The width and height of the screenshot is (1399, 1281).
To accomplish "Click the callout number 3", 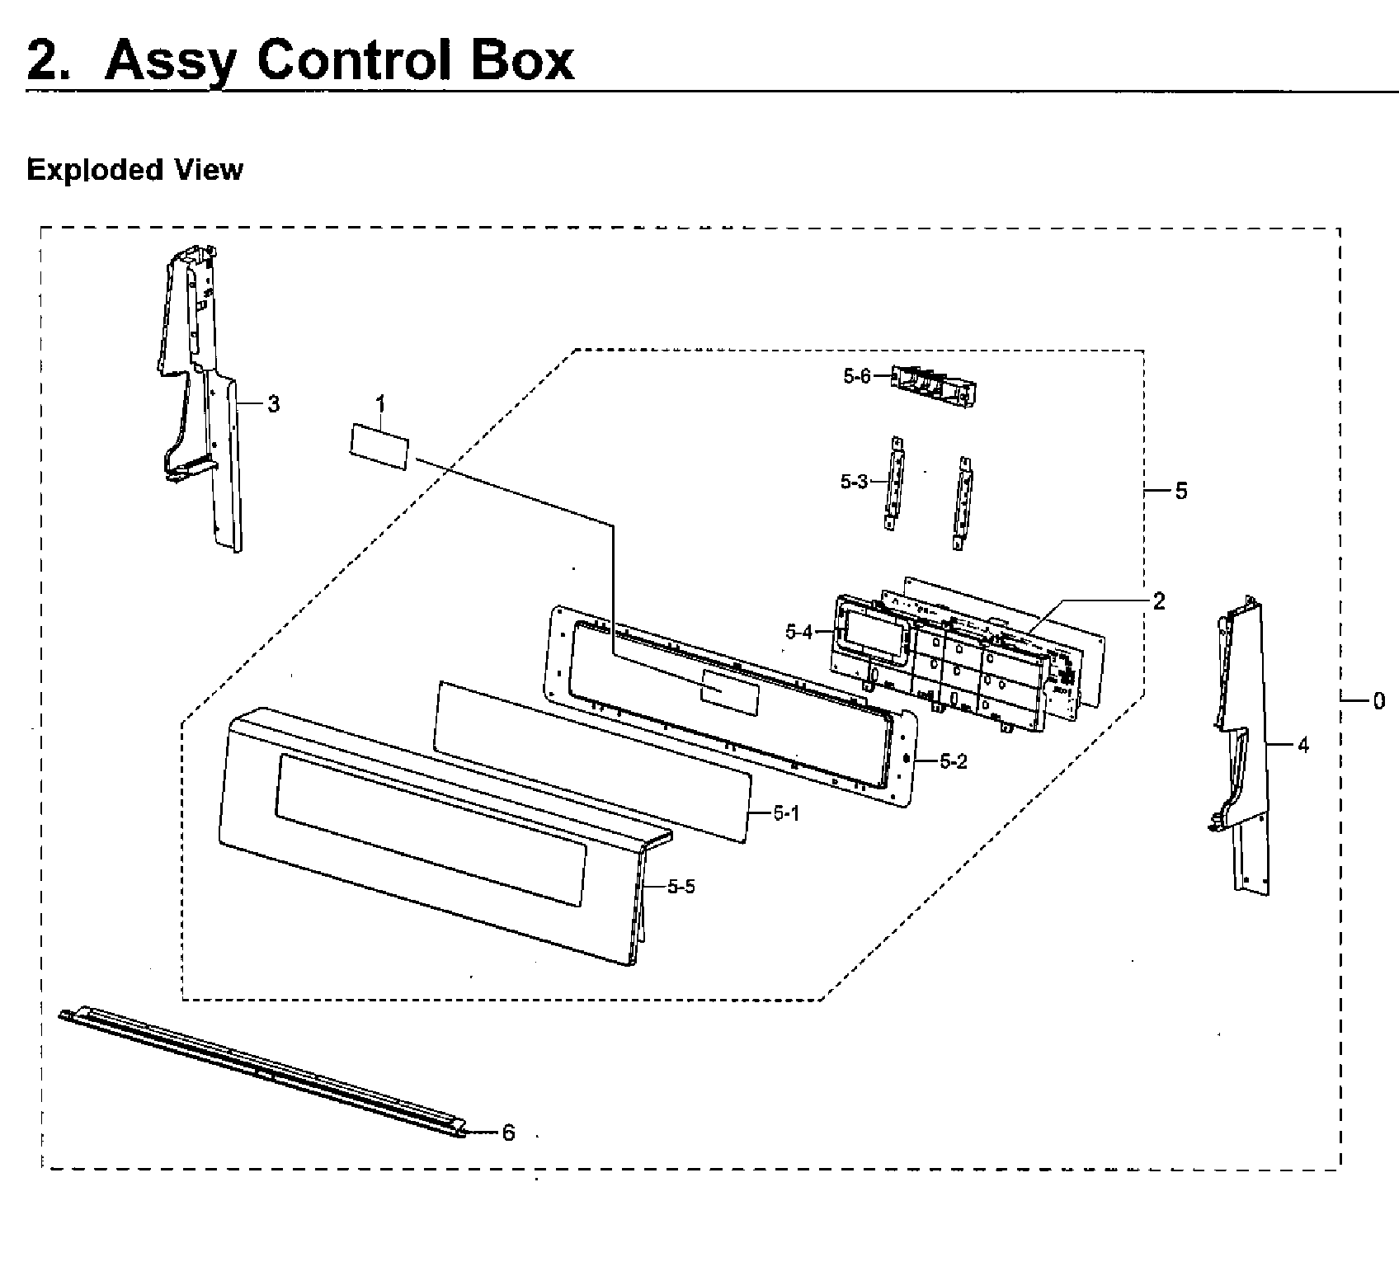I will tap(272, 404).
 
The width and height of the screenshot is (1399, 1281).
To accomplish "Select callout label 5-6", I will tap(856, 376).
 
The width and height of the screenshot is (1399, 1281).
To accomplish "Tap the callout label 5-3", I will tap(854, 482).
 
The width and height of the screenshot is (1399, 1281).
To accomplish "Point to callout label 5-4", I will tap(798, 633).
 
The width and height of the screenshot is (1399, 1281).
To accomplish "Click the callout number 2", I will tap(1159, 601).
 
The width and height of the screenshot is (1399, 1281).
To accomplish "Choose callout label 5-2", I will tap(953, 761).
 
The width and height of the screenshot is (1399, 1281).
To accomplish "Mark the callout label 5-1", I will tap(786, 813).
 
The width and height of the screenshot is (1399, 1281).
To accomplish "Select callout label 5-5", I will tap(681, 887).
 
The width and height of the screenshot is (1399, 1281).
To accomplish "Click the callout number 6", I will tap(508, 1133).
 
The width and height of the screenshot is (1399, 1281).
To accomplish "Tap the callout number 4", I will tap(1302, 746).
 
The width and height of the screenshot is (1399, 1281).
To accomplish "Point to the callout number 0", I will tap(1378, 701).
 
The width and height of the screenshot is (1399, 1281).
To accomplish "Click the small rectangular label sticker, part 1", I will tap(379, 447).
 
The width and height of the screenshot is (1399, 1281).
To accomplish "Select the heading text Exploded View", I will tap(134, 170).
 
